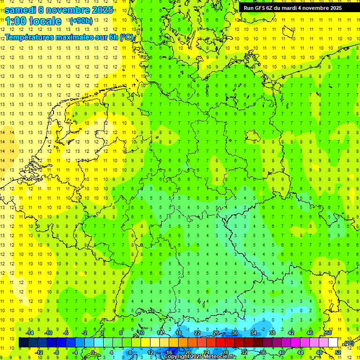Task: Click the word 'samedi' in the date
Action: click(x=20, y=10)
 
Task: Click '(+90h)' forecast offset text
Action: click(x=81, y=21)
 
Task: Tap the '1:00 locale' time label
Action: click(x=33, y=21)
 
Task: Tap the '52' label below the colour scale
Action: click(x=338, y=352)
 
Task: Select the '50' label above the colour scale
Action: click(x=329, y=333)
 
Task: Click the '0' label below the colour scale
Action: click(x=93, y=352)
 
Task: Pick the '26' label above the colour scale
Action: click(x=216, y=333)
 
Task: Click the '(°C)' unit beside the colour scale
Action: click(x=349, y=343)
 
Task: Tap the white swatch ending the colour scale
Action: click(x=333, y=343)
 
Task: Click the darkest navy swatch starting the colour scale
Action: click(x=23, y=343)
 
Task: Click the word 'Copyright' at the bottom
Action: click(x=177, y=357)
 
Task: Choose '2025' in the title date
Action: click(x=101, y=10)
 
